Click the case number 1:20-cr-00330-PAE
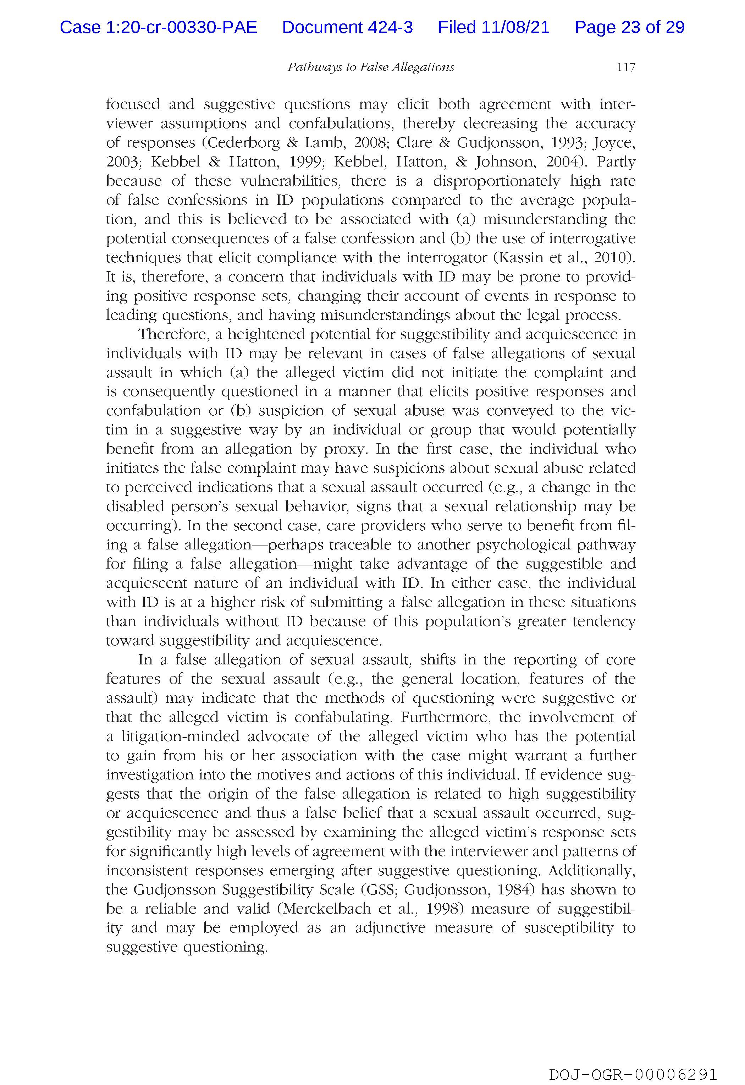click(158, 28)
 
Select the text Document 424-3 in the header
click(347, 28)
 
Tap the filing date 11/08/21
click(515, 28)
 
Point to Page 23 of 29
click(629, 28)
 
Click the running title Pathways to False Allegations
click(371, 67)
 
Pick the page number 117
click(625, 67)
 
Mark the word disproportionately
click(497, 181)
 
